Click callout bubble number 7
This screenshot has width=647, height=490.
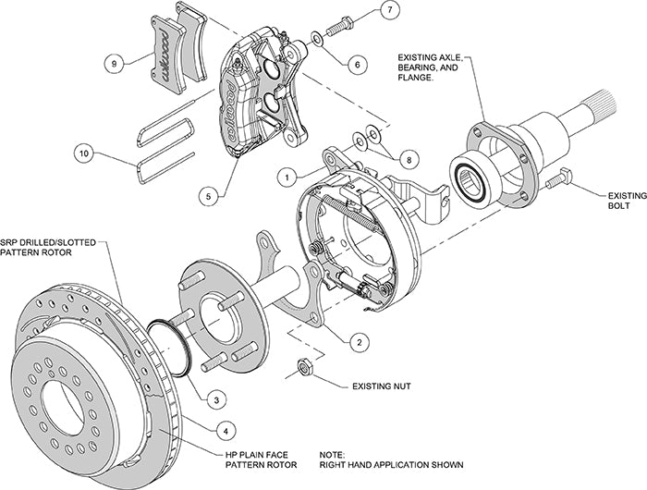pos(388,12)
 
